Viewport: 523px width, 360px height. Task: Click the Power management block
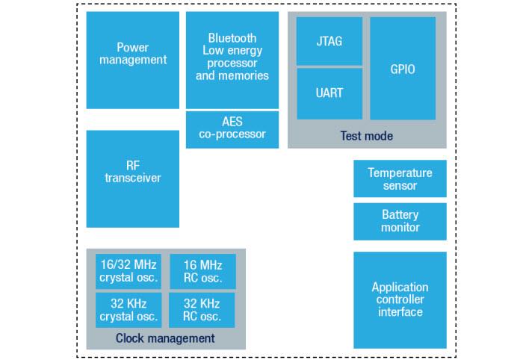[x=133, y=60]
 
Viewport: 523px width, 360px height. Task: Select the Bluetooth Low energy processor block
[x=232, y=60]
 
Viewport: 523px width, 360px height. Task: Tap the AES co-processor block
[x=232, y=128]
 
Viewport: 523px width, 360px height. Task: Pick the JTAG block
[x=329, y=41]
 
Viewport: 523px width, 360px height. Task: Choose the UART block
[x=329, y=93]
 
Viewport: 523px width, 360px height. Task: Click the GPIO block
[x=403, y=69]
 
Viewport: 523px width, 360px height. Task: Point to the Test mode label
[x=366, y=136]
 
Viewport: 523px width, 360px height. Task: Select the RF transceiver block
[x=133, y=179]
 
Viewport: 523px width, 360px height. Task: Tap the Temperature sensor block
[x=400, y=179]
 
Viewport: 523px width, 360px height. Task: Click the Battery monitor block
[x=400, y=221]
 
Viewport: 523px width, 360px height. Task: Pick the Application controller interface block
[x=400, y=300]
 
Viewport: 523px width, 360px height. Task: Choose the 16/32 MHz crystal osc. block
[x=128, y=271]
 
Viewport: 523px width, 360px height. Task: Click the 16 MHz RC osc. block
[x=202, y=271]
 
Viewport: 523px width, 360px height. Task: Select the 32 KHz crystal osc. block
[x=128, y=310]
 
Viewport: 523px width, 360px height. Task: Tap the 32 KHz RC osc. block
[x=202, y=310]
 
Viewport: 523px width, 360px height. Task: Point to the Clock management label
[x=165, y=338]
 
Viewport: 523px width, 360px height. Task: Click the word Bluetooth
[x=232, y=38]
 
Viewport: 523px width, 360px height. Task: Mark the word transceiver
[x=133, y=178]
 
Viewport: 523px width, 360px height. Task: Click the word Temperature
[x=400, y=173]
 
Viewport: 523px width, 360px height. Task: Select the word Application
[x=400, y=287]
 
